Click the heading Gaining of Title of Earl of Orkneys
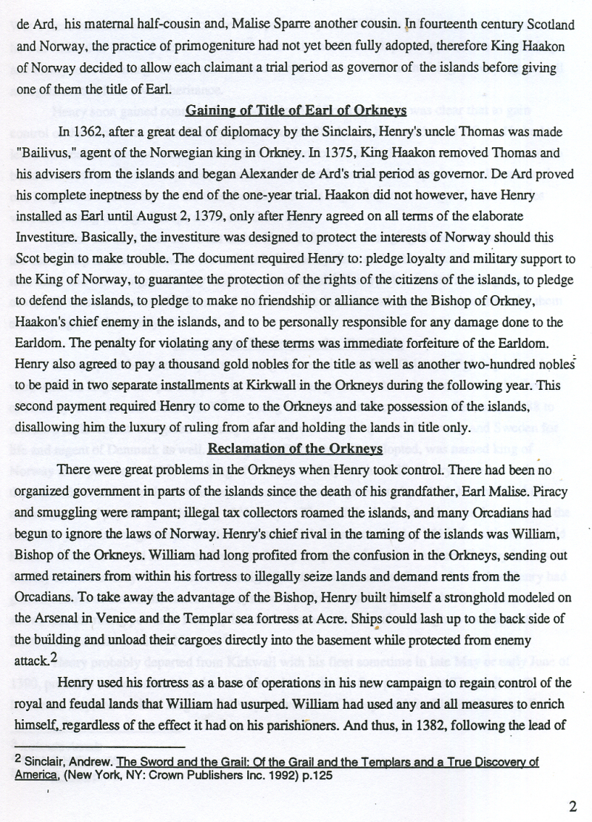(295, 111)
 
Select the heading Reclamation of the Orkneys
(295, 448)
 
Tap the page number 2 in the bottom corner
(573, 806)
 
